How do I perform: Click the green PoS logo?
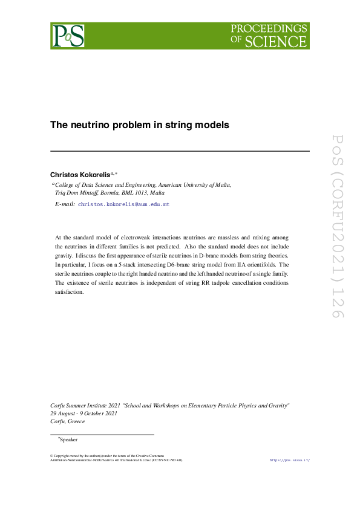coord(67,36)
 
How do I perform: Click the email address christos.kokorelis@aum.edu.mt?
coord(124,205)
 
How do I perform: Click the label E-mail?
coord(65,205)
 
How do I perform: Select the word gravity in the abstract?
coord(65,256)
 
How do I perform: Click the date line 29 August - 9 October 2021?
coord(83,413)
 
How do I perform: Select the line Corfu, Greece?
coord(68,421)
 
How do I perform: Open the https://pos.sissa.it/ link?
coord(289,460)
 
